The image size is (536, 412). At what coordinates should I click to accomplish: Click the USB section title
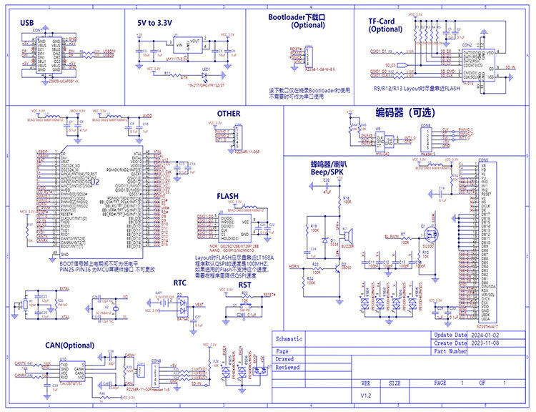click(27, 22)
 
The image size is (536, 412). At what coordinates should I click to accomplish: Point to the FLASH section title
click(228, 195)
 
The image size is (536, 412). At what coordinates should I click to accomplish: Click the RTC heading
click(180, 283)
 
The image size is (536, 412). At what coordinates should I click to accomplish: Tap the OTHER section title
click(229, 114)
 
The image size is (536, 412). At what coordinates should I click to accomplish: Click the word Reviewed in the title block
click(288, 367)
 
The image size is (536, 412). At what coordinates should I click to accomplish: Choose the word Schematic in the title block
click(289, 339)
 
